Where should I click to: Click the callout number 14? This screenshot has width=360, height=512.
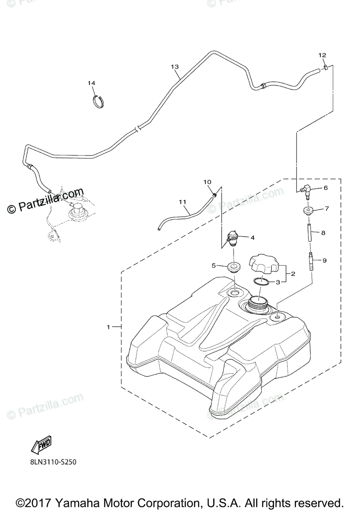coord(92,83)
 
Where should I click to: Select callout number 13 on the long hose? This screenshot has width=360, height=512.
coord(174,67)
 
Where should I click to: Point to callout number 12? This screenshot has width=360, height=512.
coord(322,55)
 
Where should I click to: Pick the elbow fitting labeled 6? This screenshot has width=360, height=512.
coord(306,189)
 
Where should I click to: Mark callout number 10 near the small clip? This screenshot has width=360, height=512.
coord(208,182)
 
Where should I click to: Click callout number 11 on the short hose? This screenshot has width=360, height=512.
coord(183,201)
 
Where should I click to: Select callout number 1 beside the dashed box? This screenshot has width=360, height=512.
coord(109,327)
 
